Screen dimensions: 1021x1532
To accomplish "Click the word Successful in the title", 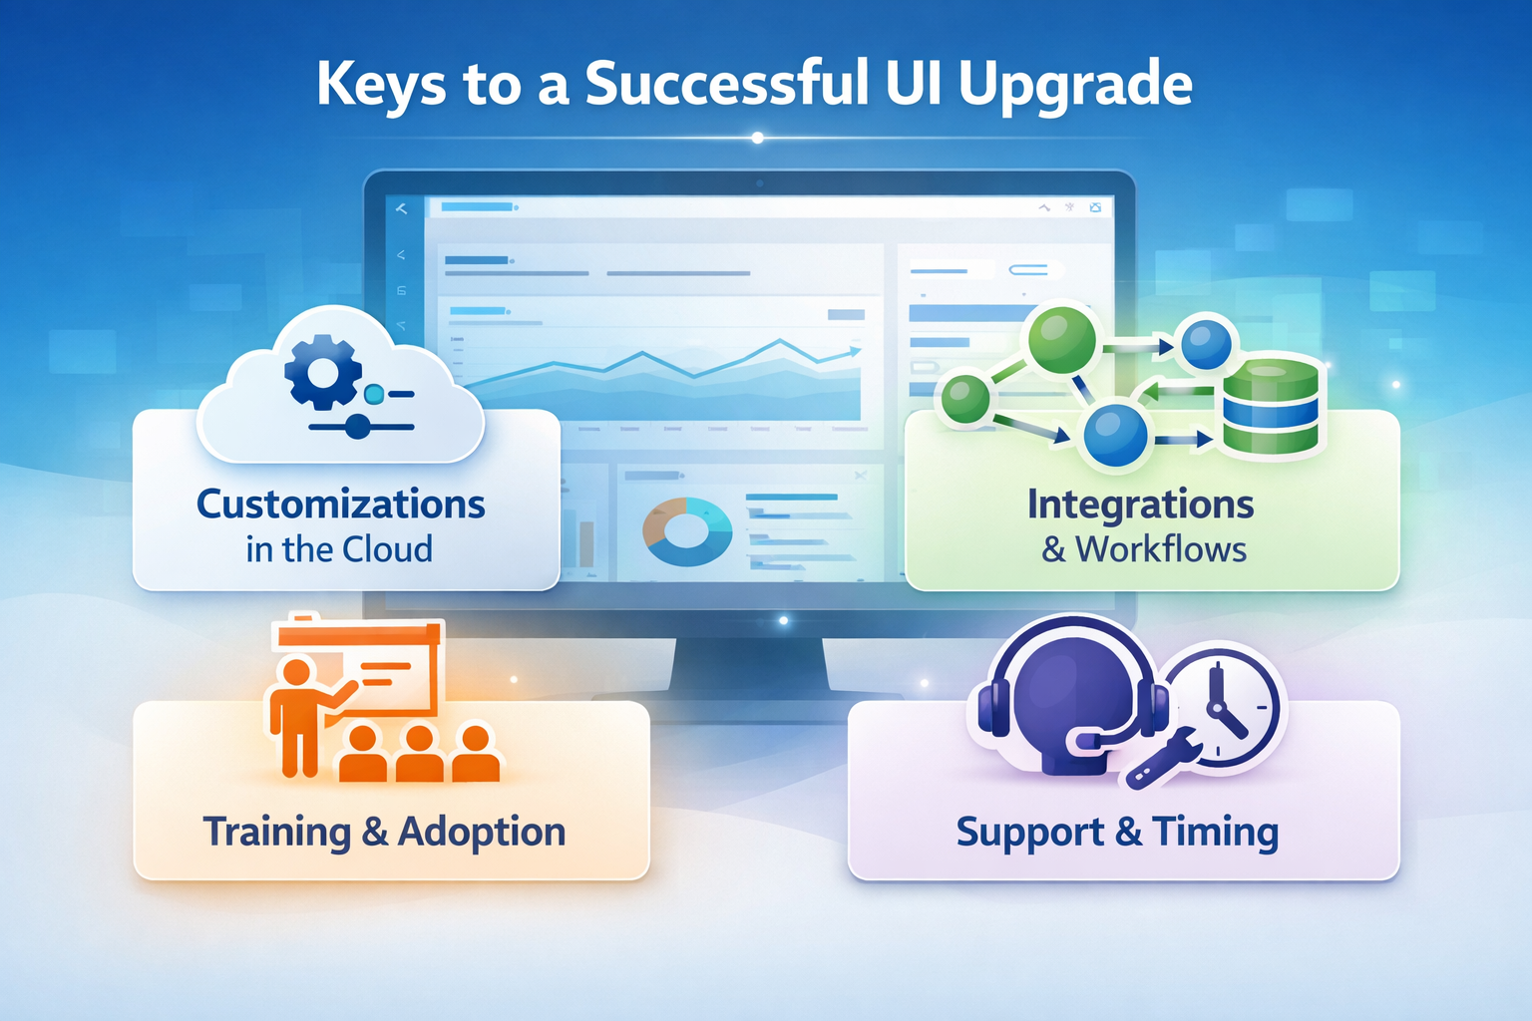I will click(727, 84).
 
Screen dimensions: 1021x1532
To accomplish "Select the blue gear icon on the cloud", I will click(322, 372).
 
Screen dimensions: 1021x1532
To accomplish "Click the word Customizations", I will click(341, 505).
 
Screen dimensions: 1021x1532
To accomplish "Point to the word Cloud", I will click(388, 549).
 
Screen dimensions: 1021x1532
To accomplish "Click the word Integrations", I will click(1141, 505).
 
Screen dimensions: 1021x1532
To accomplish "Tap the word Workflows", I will click(1161, 549).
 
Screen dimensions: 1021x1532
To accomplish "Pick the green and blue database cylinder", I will click(1271, 405).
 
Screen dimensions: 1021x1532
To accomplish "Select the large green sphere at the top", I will click(1061, 340).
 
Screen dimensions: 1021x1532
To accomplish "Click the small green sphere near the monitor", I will click(965, 398).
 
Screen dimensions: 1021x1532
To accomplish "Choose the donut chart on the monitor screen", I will click(687, 531).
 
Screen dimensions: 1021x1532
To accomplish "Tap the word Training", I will click(277, 832).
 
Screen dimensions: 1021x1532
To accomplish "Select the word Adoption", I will click(482, 832).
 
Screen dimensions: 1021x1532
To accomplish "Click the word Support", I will click(1029, 832).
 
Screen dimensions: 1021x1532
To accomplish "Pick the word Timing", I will click(1216, 832).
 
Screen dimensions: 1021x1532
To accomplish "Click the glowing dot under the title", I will click(758, 138).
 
